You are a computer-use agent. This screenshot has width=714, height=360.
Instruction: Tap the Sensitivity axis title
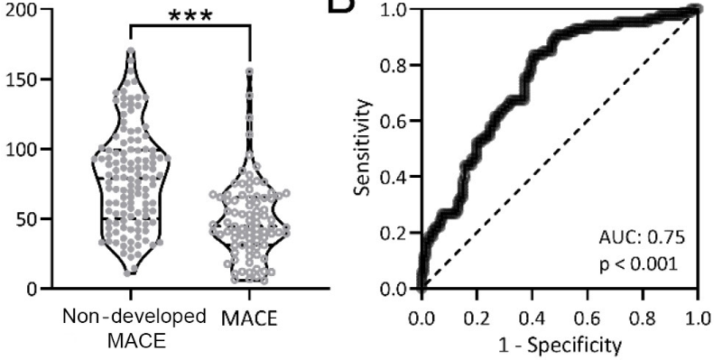pyautogui.click(x=361, y=149)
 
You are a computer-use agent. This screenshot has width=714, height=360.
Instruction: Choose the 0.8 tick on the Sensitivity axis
pyautogui.click(x=394, y=66)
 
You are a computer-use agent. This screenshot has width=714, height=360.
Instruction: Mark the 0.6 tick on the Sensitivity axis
pyautogui.click(x=394, y=122)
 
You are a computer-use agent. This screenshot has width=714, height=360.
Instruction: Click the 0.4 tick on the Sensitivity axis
pyautogui.click(x=394, y=178)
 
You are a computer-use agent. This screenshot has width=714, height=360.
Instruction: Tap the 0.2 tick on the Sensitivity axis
pyautogui.click(x=394, y=234)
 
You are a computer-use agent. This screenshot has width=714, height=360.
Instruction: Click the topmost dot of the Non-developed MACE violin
pyautogui.click(x=130, y=53)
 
